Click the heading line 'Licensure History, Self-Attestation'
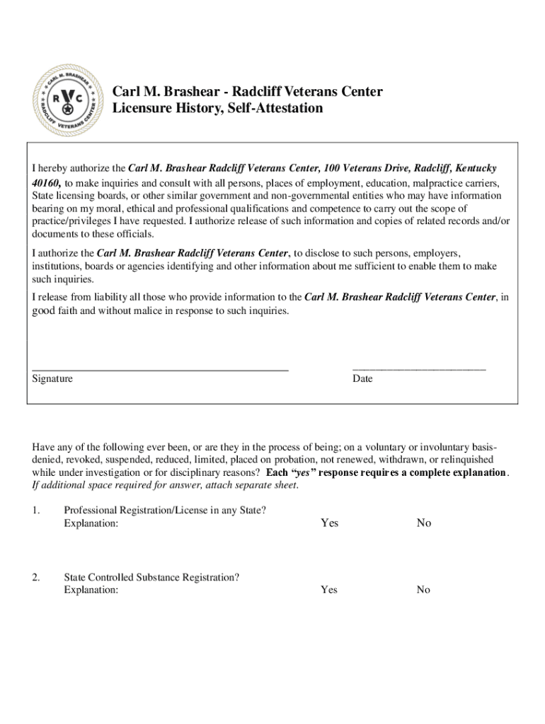(217, 108)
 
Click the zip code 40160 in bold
(46, 182)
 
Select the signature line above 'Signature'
(160, 369)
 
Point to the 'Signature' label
(52, 379)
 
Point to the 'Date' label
(362, 379)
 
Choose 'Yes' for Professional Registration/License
(329, 523)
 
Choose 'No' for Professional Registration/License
(423, 523)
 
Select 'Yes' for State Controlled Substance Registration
(329, 590)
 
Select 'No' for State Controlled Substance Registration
(423, 590)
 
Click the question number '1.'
(36, 510)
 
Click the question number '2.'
(36, 577)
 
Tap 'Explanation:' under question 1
(91, 524)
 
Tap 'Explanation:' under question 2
(91, 590)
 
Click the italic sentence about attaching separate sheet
(166, 485)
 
